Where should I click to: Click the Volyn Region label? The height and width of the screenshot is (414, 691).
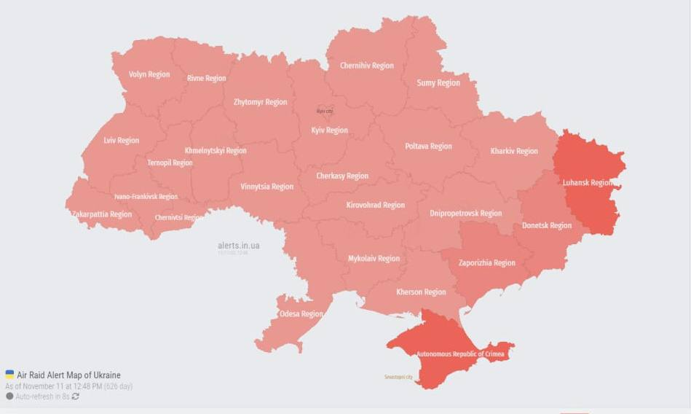coord(149,74)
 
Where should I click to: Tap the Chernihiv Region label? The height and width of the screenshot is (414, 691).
coord(367,66)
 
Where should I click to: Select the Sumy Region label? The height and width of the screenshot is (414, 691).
coord(438,83)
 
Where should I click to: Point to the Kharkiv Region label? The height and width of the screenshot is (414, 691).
coord(514,152)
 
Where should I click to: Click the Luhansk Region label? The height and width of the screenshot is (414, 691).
coord(588,183)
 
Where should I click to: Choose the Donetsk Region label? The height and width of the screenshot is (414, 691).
coord(547,226)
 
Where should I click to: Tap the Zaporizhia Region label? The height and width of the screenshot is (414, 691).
coord(487,263)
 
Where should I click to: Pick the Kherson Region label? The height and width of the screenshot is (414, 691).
coord(421,292)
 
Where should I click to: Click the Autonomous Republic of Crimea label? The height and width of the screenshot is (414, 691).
coord(461,354)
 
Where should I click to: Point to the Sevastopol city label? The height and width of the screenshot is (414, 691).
coord(398,377)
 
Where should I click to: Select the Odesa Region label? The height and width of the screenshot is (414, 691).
coord(301,314)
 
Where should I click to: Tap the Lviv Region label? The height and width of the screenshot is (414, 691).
coord(121,141)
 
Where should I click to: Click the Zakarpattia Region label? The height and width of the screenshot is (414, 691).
coord(102,214)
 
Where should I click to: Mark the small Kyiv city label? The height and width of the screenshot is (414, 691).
coord(324,111)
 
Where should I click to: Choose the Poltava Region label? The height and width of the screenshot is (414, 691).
coord(428,147)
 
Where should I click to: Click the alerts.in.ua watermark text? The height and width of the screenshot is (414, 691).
coord(238,246)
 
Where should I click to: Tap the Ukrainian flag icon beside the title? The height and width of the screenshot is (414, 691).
coord(9,375)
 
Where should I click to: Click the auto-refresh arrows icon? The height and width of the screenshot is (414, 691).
coord(75,397)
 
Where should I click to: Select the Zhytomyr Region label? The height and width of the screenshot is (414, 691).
coord(260,103)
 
